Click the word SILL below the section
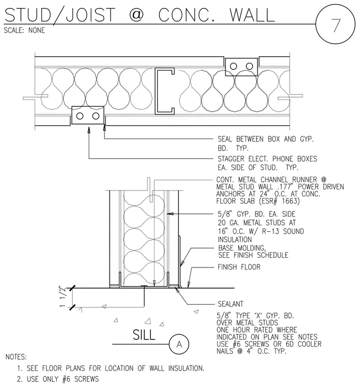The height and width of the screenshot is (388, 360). (x=144, y=335)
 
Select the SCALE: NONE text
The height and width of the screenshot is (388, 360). (x=24, y=31)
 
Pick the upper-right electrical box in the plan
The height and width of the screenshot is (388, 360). (x=241, y=66)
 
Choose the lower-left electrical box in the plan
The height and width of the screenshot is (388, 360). (x=88, y=115)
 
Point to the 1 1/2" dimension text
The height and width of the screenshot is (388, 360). (x=63, y=297)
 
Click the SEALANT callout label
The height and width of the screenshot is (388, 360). (x=230, y=304)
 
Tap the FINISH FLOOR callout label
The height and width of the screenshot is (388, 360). (x=239, y=267)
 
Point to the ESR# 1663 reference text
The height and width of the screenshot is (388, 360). (x=279, y=201)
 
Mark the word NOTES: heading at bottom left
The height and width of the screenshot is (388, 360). (x=16, y=357)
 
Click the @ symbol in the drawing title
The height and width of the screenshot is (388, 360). (x=136, y=14)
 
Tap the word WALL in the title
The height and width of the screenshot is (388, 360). (x=252, y=15)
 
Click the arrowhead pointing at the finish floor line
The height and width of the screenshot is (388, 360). (x=189, y=284)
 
